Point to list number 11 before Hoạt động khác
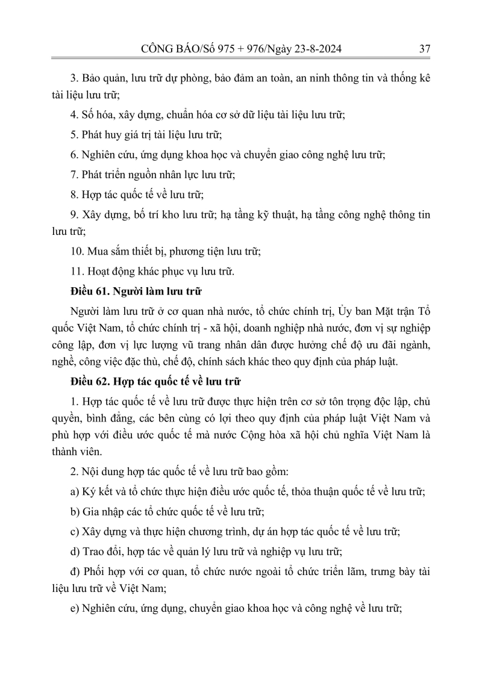coord(76,271)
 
